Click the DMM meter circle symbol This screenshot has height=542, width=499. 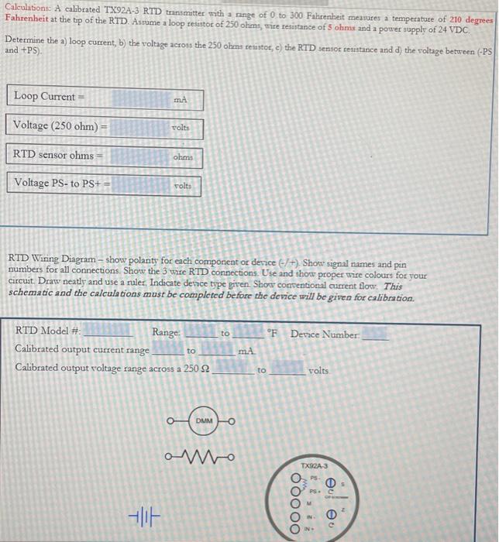pos(202,420)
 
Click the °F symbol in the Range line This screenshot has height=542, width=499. pos(271,334)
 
